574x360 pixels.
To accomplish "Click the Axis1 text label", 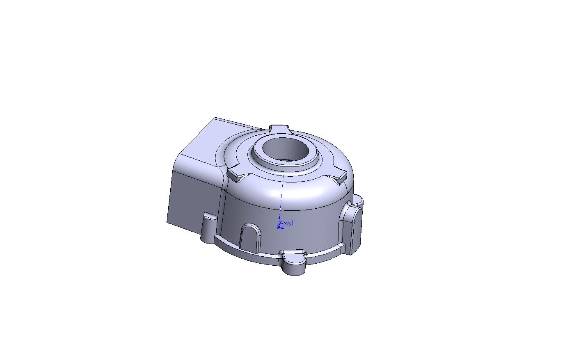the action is pyautogui.click(x=286, y=223).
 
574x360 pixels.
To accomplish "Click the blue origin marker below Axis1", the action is pyautogui.click(x=279, y=227).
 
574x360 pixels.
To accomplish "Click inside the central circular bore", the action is pyautogui.click(x=284, y=151).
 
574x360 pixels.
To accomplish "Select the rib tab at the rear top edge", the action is pyautogui.click(x=279, y=129).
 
